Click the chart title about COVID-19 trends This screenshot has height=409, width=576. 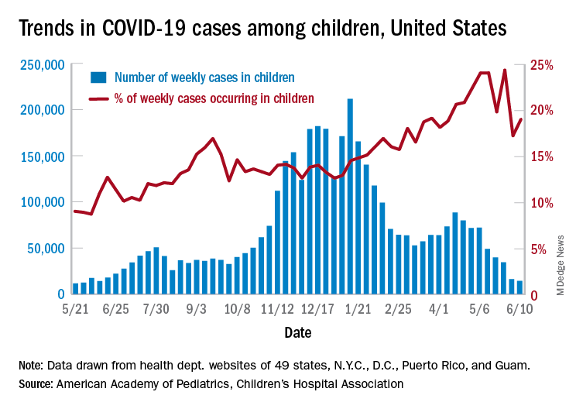click(x=262, y=29)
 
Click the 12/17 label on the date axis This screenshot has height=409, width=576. click(x=317, y=309)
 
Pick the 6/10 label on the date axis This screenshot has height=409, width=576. click(x=519, y=309)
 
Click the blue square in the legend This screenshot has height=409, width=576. click(x=98, y=77)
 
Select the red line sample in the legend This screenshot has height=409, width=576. click(x=98, y=98)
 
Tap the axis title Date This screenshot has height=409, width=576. click(x=297, y=334)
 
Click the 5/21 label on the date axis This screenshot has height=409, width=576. click(x=74, y=309)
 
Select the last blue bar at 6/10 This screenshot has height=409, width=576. click(x=519, y=287)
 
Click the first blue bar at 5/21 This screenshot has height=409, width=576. click(x=75, y=289)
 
